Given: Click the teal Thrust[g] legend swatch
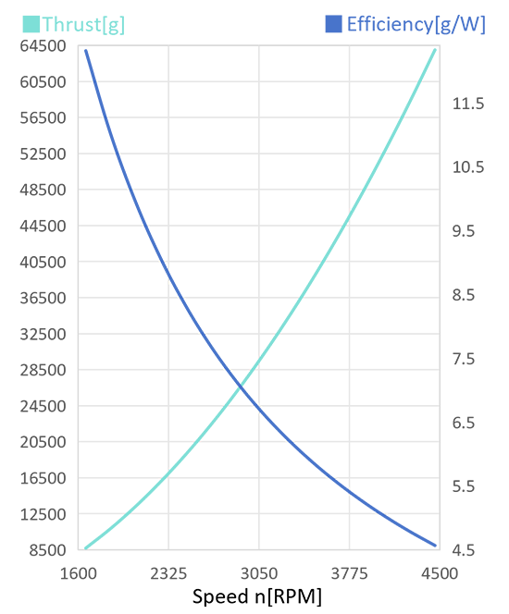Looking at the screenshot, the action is [31, 24].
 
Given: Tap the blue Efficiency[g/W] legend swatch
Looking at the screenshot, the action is [333, 24].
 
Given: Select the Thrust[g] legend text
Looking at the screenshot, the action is [83, 25].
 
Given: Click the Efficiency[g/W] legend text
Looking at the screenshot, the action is [416, 25].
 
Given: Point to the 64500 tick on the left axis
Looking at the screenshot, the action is [43, 46].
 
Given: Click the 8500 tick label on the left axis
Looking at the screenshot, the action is [48, 550].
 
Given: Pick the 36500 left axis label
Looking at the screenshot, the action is [43, 298].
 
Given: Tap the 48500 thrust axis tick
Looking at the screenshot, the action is [43, 190].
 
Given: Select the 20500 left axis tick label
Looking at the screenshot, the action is [43, 442].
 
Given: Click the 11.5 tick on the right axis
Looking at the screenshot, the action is [468, 104].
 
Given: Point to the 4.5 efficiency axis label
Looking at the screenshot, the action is [464, 550].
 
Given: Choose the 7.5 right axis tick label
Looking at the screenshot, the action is [464, 359].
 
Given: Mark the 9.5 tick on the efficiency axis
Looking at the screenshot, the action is [464, 231].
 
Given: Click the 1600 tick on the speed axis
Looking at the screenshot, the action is [78, 573].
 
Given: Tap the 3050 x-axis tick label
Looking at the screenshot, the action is [259, 573].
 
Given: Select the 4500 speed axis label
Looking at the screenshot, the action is [440, 573].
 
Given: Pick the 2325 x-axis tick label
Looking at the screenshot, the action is [168, 573].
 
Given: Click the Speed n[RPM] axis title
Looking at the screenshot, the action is [257, 596].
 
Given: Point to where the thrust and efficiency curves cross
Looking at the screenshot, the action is [241, 387].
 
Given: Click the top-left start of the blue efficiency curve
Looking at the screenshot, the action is [86, 51].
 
